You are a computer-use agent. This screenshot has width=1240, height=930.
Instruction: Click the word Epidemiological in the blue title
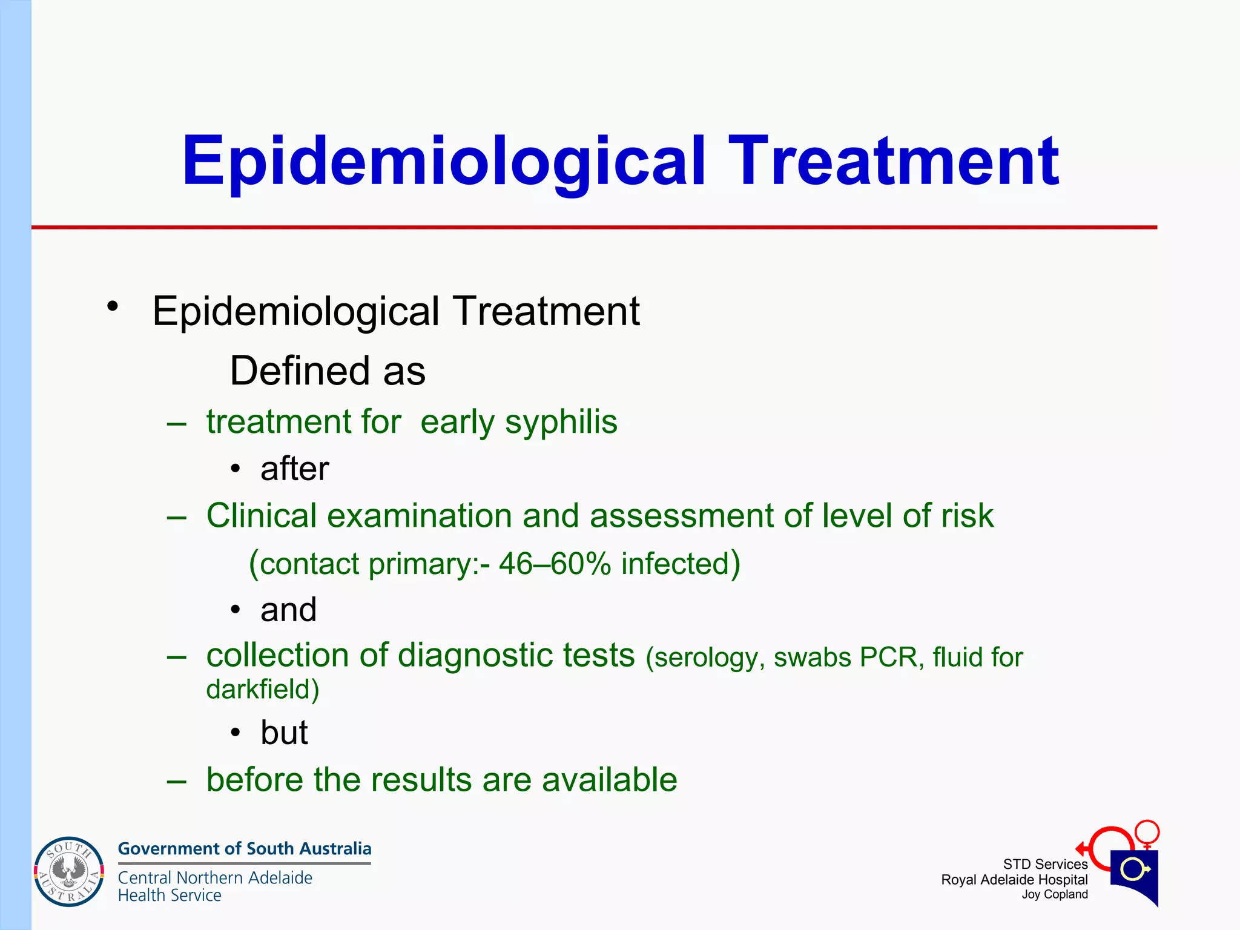pos(444,162)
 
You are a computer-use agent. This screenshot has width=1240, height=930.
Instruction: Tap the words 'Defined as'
pos(328,371)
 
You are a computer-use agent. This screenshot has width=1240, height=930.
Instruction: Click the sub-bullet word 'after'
pos(294,469)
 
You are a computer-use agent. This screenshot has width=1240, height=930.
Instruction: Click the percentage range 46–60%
pos(555,564)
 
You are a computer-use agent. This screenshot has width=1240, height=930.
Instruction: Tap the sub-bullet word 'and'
pos(288,609)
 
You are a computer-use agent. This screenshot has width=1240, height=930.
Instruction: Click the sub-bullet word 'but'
pos(284,733)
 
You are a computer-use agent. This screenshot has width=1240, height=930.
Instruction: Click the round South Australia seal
pos(69,872)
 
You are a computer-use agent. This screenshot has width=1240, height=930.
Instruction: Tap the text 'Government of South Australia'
pos(245,849)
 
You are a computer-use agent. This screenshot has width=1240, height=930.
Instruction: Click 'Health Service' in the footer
pos(170,895)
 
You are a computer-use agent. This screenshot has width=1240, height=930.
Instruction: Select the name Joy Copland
pos(1054,894)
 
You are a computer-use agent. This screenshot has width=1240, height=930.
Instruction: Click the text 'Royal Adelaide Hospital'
pos(1014,880)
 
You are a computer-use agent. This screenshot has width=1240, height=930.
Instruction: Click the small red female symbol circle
pos(1147,831)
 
